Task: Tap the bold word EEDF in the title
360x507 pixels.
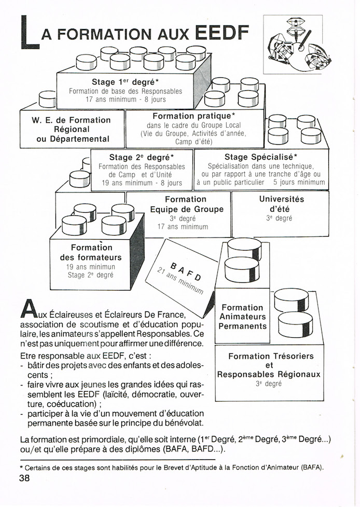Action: click(x=221, y=32)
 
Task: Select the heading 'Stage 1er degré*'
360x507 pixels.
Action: click(x=126, y=82)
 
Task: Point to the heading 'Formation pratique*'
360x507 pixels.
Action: click(x=193, y=116)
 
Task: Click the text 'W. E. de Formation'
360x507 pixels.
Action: click(x=72, y=120)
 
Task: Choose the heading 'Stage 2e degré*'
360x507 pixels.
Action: click(x=142, y=157)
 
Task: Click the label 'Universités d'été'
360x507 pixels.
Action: click(x=281, y=204)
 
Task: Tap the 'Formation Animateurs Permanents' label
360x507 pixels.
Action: click(x=242, y=317)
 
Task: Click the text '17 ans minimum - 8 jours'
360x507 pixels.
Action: click(x=126, y=99)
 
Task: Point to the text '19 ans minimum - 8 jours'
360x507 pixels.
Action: click(x=142, y=183)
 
